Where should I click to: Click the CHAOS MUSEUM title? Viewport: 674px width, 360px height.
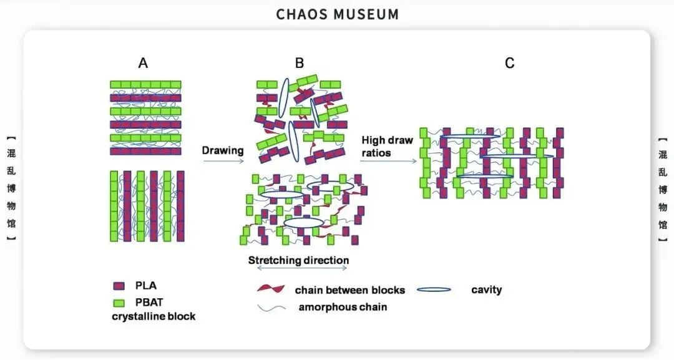tap(337, 14)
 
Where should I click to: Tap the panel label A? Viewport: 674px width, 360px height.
tap(143, 63)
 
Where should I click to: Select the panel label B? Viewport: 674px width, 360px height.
tap(300, 63)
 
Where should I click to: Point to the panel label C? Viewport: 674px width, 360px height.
tap(510, 63)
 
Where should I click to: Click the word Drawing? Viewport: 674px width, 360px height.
tap(222, 150)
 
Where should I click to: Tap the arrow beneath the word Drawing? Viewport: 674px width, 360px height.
tap(222, 162)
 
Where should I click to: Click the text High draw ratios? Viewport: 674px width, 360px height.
tap(387, 146)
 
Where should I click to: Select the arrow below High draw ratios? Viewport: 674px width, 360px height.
tap(388, 162)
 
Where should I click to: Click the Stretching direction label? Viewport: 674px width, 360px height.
tap(298, 260)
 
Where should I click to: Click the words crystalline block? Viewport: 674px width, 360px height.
tap(154, 316)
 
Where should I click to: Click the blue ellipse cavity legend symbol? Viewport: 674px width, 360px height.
tap(433, 289)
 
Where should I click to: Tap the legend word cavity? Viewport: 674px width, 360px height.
tap(486, 289)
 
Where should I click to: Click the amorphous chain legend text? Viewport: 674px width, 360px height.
tap(343, 306)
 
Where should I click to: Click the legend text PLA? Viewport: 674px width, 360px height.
tap(146, 286)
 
